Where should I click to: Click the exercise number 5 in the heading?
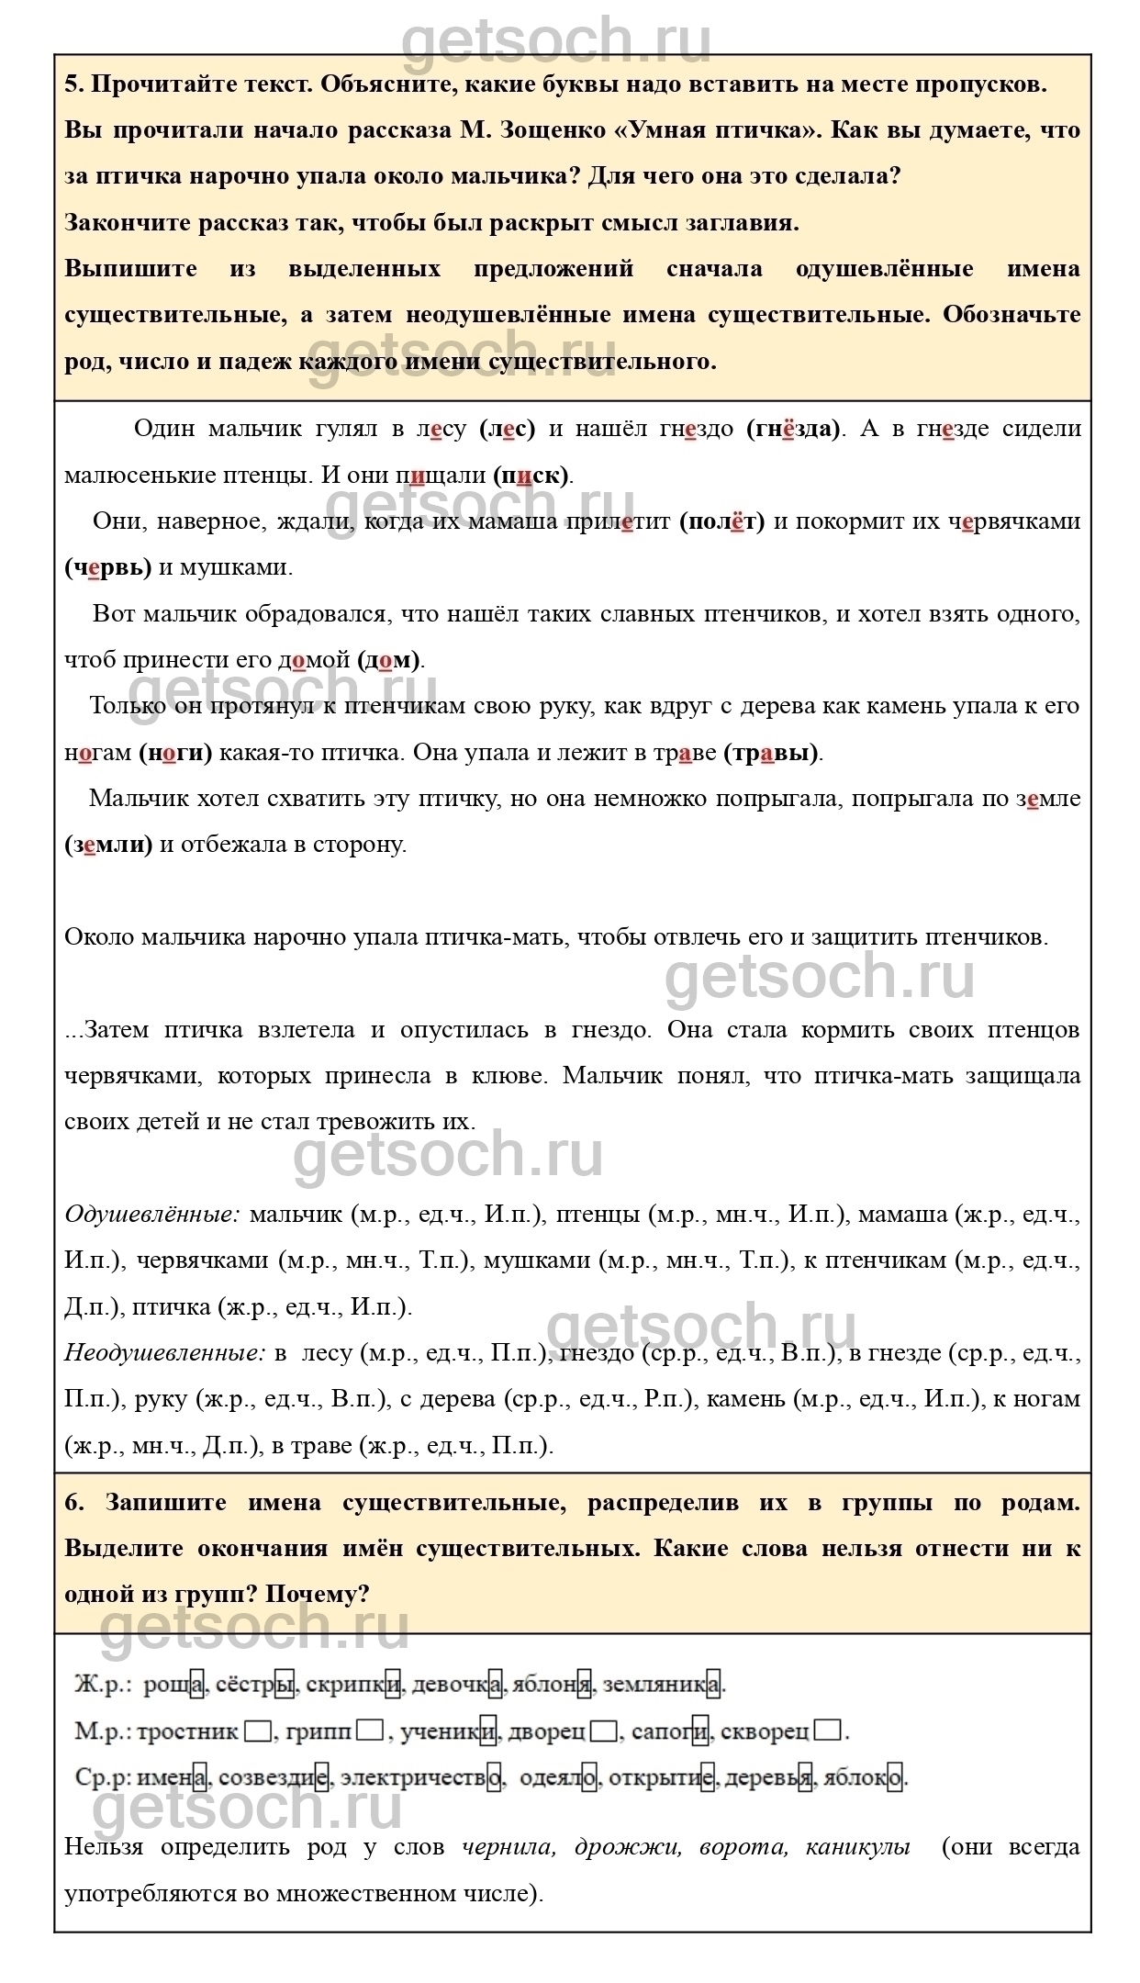point(73,84)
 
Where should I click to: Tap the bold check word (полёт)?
point(721,521)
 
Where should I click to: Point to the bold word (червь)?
point(108,567)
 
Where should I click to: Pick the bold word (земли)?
point(108,845)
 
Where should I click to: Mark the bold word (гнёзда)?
point(793,429)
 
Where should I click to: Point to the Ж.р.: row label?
point(103,1685)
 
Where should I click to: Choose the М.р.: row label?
point(103,1731)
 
